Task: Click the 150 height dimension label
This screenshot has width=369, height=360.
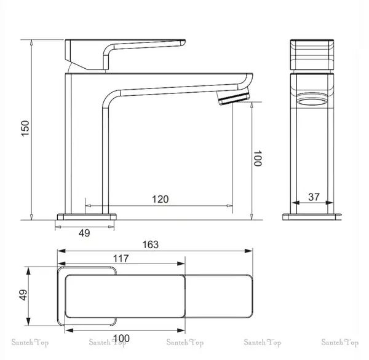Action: point(25,128)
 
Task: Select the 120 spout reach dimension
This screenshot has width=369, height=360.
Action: point(161,199)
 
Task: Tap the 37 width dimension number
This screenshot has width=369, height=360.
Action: point(314,197)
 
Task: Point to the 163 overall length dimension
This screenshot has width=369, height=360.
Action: point(151,245)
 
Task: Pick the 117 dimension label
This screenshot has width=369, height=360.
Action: point(121,259)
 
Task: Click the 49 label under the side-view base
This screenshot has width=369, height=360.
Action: point(84,233)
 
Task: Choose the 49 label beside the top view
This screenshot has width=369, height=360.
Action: point(23,295)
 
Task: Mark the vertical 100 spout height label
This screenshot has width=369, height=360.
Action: point(258,158)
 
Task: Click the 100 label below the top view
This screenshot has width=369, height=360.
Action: point(121,338)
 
